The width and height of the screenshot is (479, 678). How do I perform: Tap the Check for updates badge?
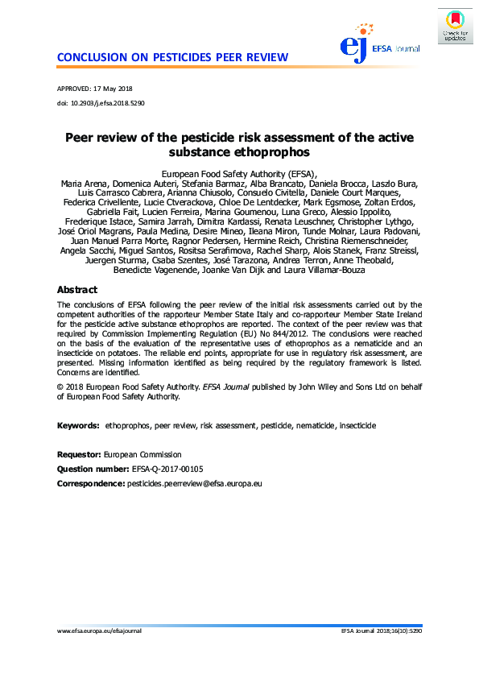(x=454, y=27)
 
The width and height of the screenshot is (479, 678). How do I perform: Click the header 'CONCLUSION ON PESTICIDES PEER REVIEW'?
(x=172, y=57)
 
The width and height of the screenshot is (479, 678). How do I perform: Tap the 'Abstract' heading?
(x=77, y=290)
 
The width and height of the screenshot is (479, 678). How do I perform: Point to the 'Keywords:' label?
(x=78, y=424)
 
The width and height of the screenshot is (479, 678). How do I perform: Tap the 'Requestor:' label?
(x=79, y=455)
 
